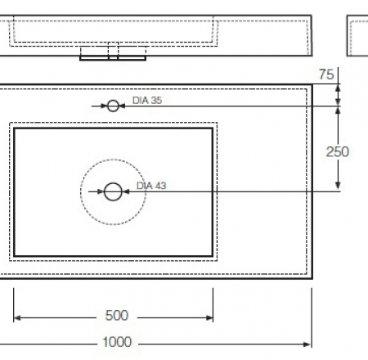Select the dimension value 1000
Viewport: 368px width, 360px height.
[116, 343]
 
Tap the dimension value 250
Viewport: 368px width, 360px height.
[338, 151]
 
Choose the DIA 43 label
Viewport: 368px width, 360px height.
[151, 186]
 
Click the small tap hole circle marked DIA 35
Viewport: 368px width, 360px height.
[113, 106]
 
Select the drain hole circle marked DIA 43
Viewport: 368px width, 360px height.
[113, 191]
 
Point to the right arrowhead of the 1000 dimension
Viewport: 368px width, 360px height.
[309, 343]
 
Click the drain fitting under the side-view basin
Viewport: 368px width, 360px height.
[112, 53]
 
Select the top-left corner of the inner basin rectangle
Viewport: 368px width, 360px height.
[15, 128]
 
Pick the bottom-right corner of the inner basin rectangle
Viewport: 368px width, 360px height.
[213, 256]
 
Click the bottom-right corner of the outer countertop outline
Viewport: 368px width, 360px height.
[312, 277]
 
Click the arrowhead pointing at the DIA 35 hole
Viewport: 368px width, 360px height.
[123, 106]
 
